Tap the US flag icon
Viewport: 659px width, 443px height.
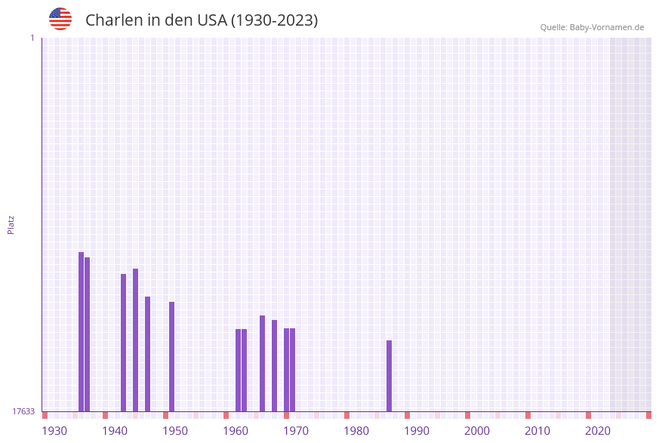tap(60, 19)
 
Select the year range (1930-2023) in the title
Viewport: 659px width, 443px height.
tap(274, 20)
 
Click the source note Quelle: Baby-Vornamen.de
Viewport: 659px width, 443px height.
tap(592, 27)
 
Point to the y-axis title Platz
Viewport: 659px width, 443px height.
tap(11, 224)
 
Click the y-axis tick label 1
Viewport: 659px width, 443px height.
tap(32, 38)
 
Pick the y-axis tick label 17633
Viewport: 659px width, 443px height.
tap(23, 411)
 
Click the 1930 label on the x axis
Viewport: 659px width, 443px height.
tap(54, 431)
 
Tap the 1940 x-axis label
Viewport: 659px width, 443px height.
tap(115, 431)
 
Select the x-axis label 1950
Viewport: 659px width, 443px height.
tap(175, 431)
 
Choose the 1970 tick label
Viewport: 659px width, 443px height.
tap(296, 431)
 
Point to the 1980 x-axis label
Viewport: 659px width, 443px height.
tap(356, 431)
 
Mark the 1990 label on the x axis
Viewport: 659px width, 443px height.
tap(417, 431)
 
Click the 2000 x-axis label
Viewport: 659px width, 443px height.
tap(477, 431)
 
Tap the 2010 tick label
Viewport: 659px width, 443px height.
tap(537, 431)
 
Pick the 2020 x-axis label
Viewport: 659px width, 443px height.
tap(598, 431)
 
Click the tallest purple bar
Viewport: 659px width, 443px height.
tap(81, 332)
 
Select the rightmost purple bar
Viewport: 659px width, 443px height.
tap(389, 376)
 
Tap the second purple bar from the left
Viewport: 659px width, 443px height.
tap(87, 334)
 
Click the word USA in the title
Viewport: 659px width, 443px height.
tap(211, 20)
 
